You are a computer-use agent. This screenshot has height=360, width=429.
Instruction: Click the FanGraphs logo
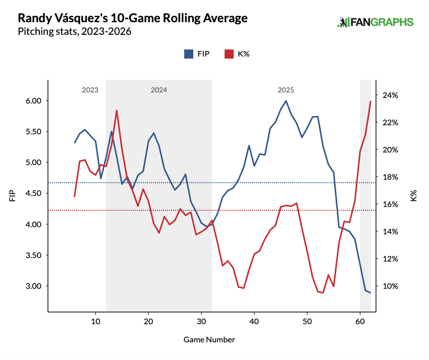pyautogui.click(x=376, y=22)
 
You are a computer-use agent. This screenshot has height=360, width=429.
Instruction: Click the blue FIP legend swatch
pyautogui.click(x=189, y=54)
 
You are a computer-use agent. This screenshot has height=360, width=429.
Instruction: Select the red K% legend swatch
pyautogui.click(x=229, y=54)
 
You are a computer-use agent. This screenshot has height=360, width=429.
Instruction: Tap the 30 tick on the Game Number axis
pyautogui.click(x=201, y=322)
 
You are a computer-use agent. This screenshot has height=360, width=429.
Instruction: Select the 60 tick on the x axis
pyautogui.click(x=360, y=322)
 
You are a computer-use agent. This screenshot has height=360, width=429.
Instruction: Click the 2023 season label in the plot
pyautogui.click(x=90, y=90)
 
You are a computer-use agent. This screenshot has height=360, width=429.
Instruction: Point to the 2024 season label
pyautogui.click(x=158, y=90)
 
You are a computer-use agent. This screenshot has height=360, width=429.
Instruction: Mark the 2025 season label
pyautogui.click(x=286, y=90)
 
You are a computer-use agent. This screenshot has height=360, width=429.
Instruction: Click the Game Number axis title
pyautogui.click(x=209, y=339)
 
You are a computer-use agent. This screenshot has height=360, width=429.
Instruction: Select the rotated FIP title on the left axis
pyautogui.click(x=12, y=196)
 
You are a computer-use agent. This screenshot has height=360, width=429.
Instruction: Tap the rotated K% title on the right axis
pyautogui.click(x=413, y=196)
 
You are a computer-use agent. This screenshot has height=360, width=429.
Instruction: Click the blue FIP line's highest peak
pyautogui.click(x=286, y=100)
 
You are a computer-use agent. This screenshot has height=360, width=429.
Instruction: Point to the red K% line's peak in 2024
pyautogui.click(x=117, y=110)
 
